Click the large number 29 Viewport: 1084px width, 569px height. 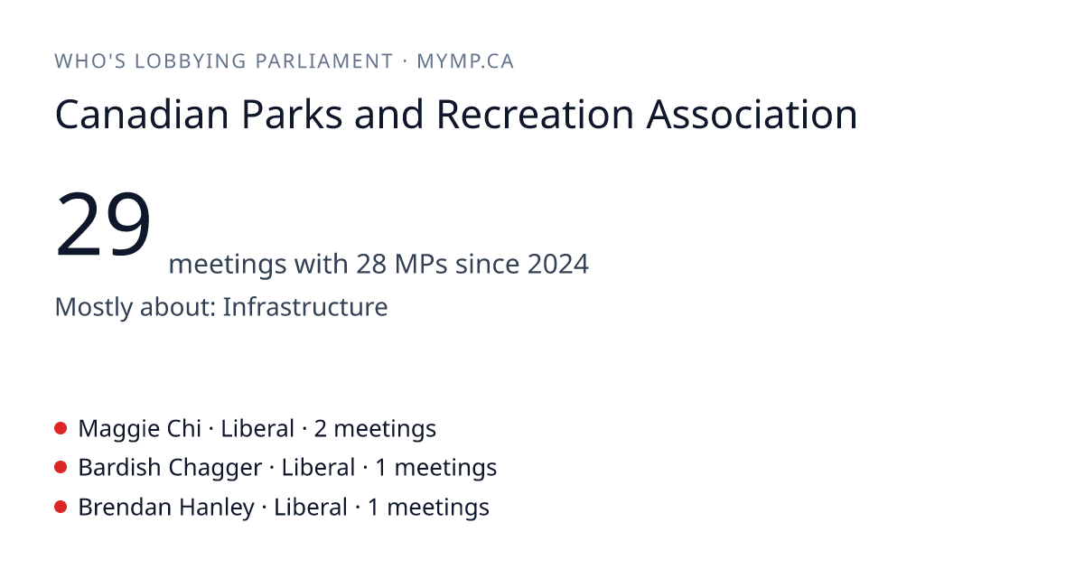(103, 224)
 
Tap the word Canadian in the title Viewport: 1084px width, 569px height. (142, 115)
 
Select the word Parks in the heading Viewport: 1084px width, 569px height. (292, 115)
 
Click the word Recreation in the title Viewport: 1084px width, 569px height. (535, 115)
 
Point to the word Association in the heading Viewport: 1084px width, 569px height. (752, 115)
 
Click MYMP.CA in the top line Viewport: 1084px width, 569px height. (465, 61)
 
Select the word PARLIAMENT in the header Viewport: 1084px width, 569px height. (324, 61)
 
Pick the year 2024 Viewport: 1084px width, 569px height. (558, 264)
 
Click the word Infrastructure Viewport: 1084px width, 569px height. (305, 307)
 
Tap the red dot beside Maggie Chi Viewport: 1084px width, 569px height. (61, 428)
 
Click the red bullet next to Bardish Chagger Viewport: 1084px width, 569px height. (61, 467)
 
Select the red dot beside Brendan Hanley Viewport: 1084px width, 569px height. (61, 507)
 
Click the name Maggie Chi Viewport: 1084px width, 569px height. (140, 429)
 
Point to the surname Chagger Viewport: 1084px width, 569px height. (215, 469)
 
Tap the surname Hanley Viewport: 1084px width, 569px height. (217, 508)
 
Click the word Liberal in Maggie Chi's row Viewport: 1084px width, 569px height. (257, 429)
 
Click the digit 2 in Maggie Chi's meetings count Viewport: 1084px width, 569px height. (321, 429)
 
